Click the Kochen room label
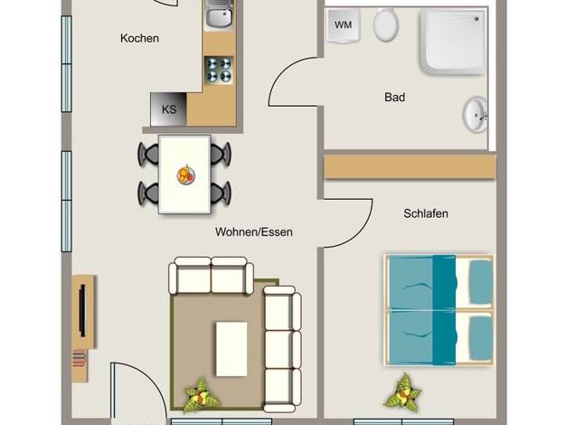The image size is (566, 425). coord(140,38)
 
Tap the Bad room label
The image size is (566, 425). coord(394,97)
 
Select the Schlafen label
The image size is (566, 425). coord(426,213)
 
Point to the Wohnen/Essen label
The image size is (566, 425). coord(254,231)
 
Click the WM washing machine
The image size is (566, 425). coord(343,25)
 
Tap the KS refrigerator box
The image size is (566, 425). coord(168,109)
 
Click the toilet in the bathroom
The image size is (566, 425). coord(385,24)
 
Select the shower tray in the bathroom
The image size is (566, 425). coord(453,43)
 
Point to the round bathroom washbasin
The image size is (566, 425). coord(476,115)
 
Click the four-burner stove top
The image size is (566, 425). coord(219,71)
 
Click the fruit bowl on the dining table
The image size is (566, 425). coord(186,175)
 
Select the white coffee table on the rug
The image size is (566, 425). coord(231,349)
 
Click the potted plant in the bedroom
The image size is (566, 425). coord(402,393)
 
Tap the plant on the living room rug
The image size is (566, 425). coord(201,395)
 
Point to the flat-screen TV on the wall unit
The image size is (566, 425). coord(82,310)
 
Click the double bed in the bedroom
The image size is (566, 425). coord(439,310)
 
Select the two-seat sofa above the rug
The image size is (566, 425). coord(211,275)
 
